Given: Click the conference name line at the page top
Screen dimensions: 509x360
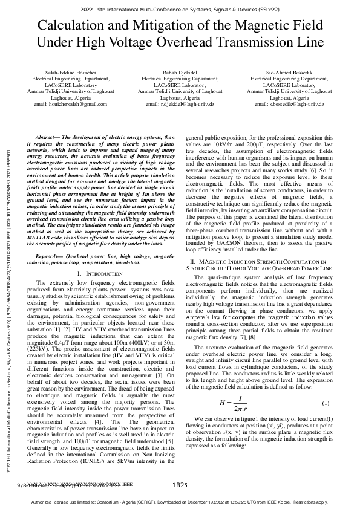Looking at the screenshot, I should point(180,10).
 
